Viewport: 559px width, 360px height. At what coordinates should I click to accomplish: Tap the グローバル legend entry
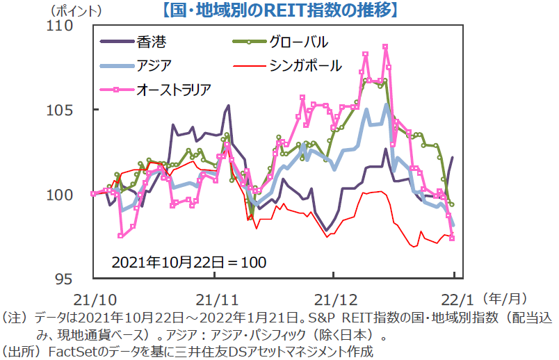pos(299,41)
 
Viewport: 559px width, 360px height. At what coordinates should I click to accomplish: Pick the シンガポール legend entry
pos(306,65)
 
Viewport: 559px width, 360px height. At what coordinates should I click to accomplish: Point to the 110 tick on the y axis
pos(72,26)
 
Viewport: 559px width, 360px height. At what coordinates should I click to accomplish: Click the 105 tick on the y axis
pos(72,110)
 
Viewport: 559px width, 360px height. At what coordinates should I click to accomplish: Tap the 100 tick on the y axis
pos(72,195)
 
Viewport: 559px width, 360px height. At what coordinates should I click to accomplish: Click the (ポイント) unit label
pos(76,10)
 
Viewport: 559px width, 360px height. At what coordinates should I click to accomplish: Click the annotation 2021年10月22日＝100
pos(189,262)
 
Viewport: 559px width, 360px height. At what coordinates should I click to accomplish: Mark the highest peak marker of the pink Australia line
pos(385,47)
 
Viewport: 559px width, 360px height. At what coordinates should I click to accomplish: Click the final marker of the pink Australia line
pos(452,238)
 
